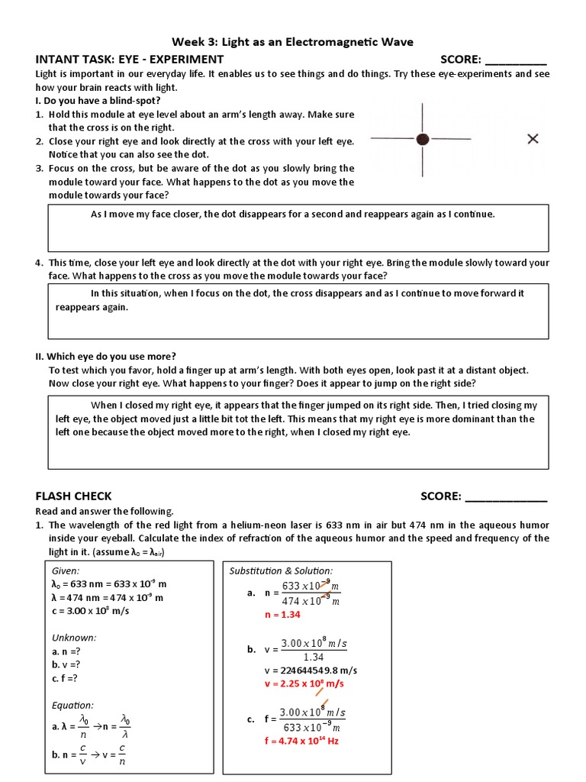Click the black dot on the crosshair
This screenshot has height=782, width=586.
tap(422, 138)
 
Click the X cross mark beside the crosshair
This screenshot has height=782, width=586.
tap(533, 138)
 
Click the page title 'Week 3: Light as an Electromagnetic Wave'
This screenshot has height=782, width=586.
tap(293, 42)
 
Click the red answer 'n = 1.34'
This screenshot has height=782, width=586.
tap(282, 614)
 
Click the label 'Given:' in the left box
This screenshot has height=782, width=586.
tap(66, 570)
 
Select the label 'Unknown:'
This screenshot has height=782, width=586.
tap(74, 638)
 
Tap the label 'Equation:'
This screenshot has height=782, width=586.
tap(72, 705)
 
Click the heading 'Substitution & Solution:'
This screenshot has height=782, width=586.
tap(281, 570)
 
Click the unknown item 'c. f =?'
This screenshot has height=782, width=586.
tap(65, 678)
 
